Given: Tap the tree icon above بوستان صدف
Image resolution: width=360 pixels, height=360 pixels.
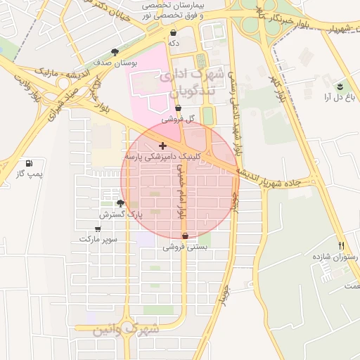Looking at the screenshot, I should [115, 51].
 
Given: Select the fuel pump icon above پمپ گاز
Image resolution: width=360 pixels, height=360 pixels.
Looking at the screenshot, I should [28, 162].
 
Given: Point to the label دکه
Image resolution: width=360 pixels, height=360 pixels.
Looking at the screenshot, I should [174, 43].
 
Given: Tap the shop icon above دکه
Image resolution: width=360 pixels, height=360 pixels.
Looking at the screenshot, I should [173, 32].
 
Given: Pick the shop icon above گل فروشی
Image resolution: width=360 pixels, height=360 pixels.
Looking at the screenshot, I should [178, 108].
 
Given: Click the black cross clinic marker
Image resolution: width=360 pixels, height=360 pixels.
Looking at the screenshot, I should [163, 146].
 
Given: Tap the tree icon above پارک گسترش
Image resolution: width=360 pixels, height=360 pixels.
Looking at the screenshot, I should [120, 203].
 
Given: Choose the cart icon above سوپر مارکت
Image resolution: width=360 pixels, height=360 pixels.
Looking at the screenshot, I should [97, 229].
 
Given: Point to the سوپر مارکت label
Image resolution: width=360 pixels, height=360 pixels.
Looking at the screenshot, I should [98, 239].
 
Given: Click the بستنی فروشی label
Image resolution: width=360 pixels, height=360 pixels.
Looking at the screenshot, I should [184, 247].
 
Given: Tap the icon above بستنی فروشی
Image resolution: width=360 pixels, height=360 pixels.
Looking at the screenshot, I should [185, 236].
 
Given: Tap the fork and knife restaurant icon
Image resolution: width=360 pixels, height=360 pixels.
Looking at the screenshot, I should [342, 246].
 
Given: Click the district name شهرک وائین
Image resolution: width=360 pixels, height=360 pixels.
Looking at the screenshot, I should [126, 328].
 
